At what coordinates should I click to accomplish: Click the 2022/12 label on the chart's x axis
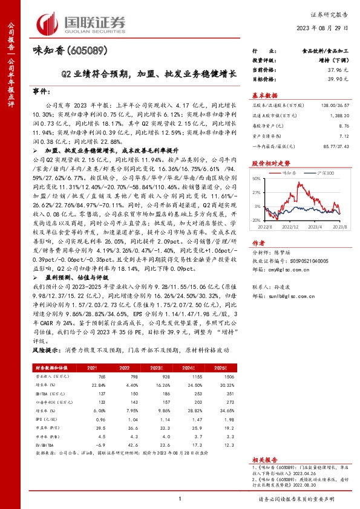[x=293, y=227]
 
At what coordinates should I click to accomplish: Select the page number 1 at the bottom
[x=180, y=498]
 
